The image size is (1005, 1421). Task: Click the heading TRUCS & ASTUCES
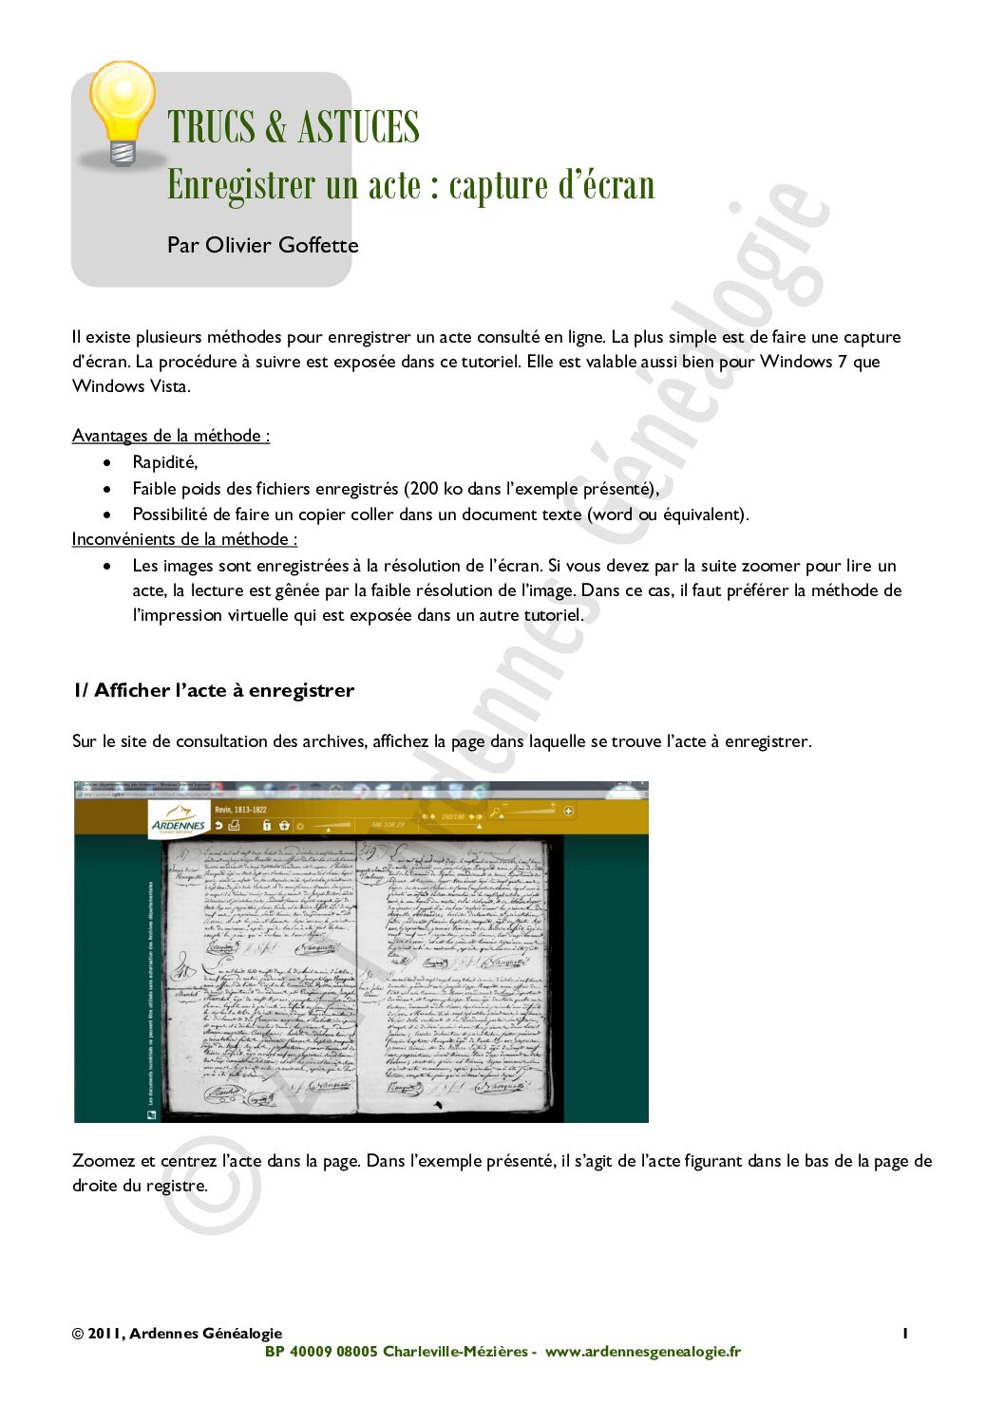(x=293, y=128)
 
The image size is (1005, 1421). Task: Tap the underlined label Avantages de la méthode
(x=170, y=436)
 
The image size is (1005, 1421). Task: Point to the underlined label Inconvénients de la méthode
(x=184, y=539)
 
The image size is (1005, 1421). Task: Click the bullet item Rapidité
(x=164, y=462)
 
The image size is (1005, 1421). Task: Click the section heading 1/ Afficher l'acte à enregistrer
(x=214, y=690)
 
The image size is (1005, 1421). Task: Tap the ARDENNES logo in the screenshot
(x=178, y=820)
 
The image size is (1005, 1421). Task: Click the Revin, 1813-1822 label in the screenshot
(x=240, y=810)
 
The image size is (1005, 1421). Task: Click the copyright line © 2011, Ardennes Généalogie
(x=177, y=1334)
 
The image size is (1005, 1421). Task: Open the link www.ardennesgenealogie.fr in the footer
(x=642, y=1352)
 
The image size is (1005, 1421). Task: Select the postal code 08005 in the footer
(x=357, y=1352)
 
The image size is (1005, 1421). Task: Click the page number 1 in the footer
(x=905, y=1334)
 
